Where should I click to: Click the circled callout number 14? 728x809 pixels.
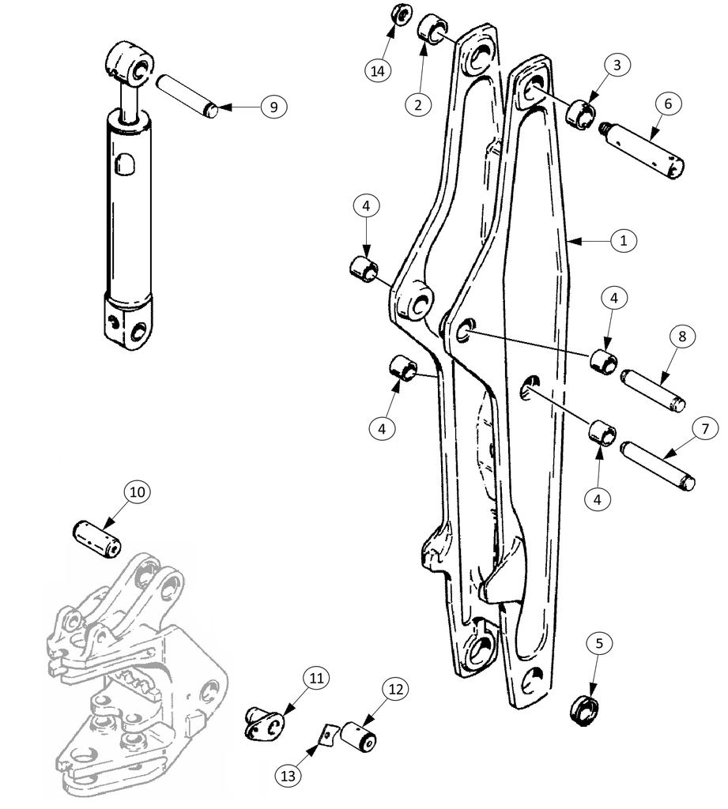click(378, 70)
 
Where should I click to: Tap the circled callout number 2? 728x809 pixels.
click(417, 104)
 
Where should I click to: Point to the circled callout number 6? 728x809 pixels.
click(668, 103)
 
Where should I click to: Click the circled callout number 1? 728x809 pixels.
click(623, 240)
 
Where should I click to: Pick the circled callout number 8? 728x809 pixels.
click(682, 337)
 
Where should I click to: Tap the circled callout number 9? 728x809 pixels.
click(273, 107)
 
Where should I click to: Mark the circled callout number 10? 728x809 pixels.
click(137, 491)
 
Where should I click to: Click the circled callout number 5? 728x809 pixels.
click(599, 643)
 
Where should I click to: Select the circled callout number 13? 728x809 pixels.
click(288, 776)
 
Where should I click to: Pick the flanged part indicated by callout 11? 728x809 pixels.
click(264, 724)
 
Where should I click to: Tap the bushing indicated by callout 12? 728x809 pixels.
click(358, 736)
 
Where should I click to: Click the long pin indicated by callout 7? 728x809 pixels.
click(658, 465)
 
